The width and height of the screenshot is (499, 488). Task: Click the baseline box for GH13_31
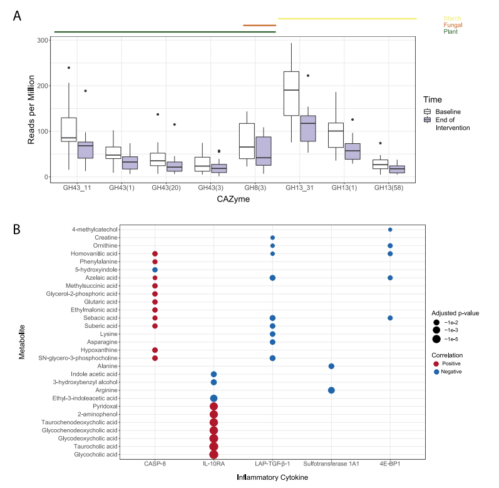tap(291, 94)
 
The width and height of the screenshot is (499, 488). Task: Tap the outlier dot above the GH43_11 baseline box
tap(69, 68)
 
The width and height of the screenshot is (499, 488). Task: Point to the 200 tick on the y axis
tap(42, 86)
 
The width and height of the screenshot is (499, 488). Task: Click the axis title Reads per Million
tap(31, 108)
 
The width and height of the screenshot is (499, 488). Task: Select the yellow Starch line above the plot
tap(347, 18)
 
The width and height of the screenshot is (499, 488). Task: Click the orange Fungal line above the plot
tap(259, 26)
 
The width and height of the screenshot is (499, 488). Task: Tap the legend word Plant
tap(451, 31)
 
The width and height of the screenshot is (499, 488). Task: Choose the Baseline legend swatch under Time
tap(426, 111)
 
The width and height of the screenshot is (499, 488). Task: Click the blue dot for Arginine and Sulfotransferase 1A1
tap(331, 390)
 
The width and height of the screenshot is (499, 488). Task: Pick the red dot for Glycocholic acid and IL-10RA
tap(213, 455)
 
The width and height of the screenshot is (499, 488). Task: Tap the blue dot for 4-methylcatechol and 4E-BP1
tap(390, 230)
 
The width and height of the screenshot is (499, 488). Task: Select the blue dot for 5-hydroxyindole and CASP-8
tap(155, 270)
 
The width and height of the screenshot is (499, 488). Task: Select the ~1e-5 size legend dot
tap(436, 339)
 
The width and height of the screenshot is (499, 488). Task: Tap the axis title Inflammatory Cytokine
tap(272, 477)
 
